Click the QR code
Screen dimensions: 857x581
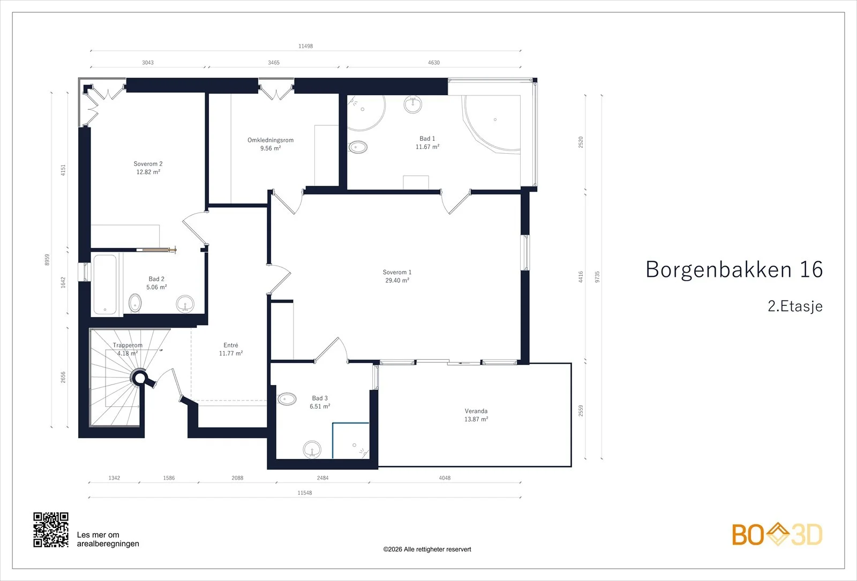point(51,530)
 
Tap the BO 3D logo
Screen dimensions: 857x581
point(777,534)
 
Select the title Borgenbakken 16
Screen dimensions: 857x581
point(734,270)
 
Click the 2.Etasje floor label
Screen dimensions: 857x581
point(795,306)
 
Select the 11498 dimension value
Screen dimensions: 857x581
point(306,46)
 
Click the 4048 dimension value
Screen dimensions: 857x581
point(445,478)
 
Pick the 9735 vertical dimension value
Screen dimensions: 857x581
point(597,277)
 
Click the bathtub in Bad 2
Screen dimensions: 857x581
point(105,284)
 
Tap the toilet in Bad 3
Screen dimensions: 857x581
point(287,399)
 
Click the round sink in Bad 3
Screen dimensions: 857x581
point(312,449)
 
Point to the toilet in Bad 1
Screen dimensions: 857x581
point(358,147)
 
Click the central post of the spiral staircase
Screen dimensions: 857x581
point(140,378)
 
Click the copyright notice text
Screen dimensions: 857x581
point(427,549)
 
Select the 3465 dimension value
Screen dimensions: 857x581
point(274,63)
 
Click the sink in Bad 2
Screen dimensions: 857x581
point(185,305)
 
